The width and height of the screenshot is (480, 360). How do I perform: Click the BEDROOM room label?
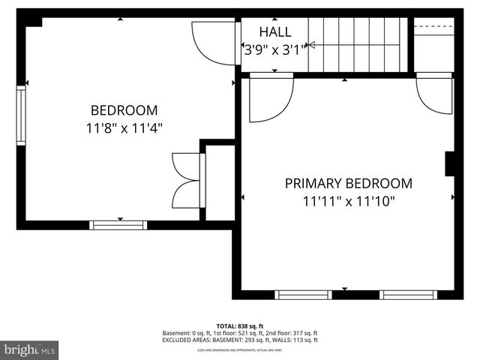click(124, 109)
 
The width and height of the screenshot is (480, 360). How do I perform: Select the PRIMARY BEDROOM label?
click(348, 183)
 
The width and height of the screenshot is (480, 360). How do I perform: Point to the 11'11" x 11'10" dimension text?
click(348, 201)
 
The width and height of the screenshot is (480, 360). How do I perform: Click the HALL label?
click(275, 32)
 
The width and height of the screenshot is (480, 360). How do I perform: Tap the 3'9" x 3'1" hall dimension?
click(275, 50)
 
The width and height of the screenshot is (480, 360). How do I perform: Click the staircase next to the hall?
click(358, 45)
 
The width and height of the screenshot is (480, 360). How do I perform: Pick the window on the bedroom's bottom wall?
click(118, 224)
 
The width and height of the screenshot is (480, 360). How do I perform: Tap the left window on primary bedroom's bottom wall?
click(304, 295)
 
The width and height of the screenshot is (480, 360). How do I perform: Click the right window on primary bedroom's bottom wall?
click(407, 295)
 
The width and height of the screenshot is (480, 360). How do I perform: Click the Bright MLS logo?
click(30, 349)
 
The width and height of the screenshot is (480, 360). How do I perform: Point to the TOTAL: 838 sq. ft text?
click(240, 326)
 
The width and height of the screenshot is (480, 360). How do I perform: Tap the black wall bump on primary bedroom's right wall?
click(450, 163)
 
